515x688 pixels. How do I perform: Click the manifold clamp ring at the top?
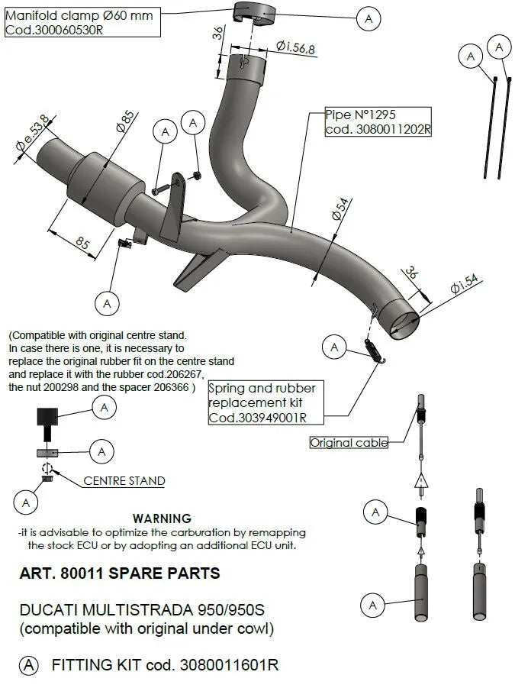[254, 13]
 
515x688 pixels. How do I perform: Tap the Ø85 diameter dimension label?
[125, 121]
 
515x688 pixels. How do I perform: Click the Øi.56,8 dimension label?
[291, 47]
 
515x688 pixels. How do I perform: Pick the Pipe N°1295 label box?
[378, 121]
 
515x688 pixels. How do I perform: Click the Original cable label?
[349, 442]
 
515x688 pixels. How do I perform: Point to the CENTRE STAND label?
[124, 481]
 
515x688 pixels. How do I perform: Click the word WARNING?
[162, 518]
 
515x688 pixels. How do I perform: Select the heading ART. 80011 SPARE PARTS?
[119, 573]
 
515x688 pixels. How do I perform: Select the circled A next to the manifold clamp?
[369, 18]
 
